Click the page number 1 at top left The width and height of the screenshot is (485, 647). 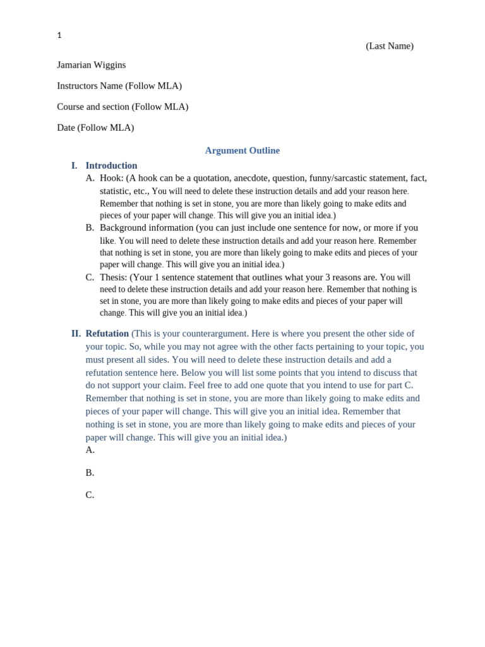pyautogui.click(x=59, y=35)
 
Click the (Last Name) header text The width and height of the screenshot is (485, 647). pyautogui.click(x=389, y=46)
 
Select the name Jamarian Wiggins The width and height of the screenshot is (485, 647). pyautogui.click(x=91, y=65)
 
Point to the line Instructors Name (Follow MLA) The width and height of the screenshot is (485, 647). pyautogui.click(x=119, y=86)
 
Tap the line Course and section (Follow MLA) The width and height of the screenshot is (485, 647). pyautogui.click(x=123, y=107)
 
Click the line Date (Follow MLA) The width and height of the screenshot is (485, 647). pyautogui.click(x=95, y=128)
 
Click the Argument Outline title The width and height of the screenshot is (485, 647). pyautogui.click(x=242, y=150)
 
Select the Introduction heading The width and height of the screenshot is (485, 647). pyautogui.click(x=111, y=166)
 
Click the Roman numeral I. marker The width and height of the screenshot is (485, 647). pyautogui.click(x=74, y=166)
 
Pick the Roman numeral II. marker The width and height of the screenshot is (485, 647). pyautogui.click(x=76, y=334)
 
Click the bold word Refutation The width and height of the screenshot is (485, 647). pyautogui.click(x=107, y=334)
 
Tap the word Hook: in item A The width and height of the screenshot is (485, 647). pyautogui.click(x=112, y=178)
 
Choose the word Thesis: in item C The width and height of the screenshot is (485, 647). pyautogui.click(x=114, y=277)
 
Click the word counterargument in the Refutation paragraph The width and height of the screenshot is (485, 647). pyautogui.click(x=211, y=334)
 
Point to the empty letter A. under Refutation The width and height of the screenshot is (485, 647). pyautogui.click(x=90, y=450)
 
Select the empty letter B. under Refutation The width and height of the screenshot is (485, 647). pyautogui.click(x=90, y=473)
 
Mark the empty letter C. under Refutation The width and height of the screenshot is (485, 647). pyautogui.click(x=90, y=495)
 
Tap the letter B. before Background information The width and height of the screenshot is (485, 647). pyautogui.click(x=90, y=227)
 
